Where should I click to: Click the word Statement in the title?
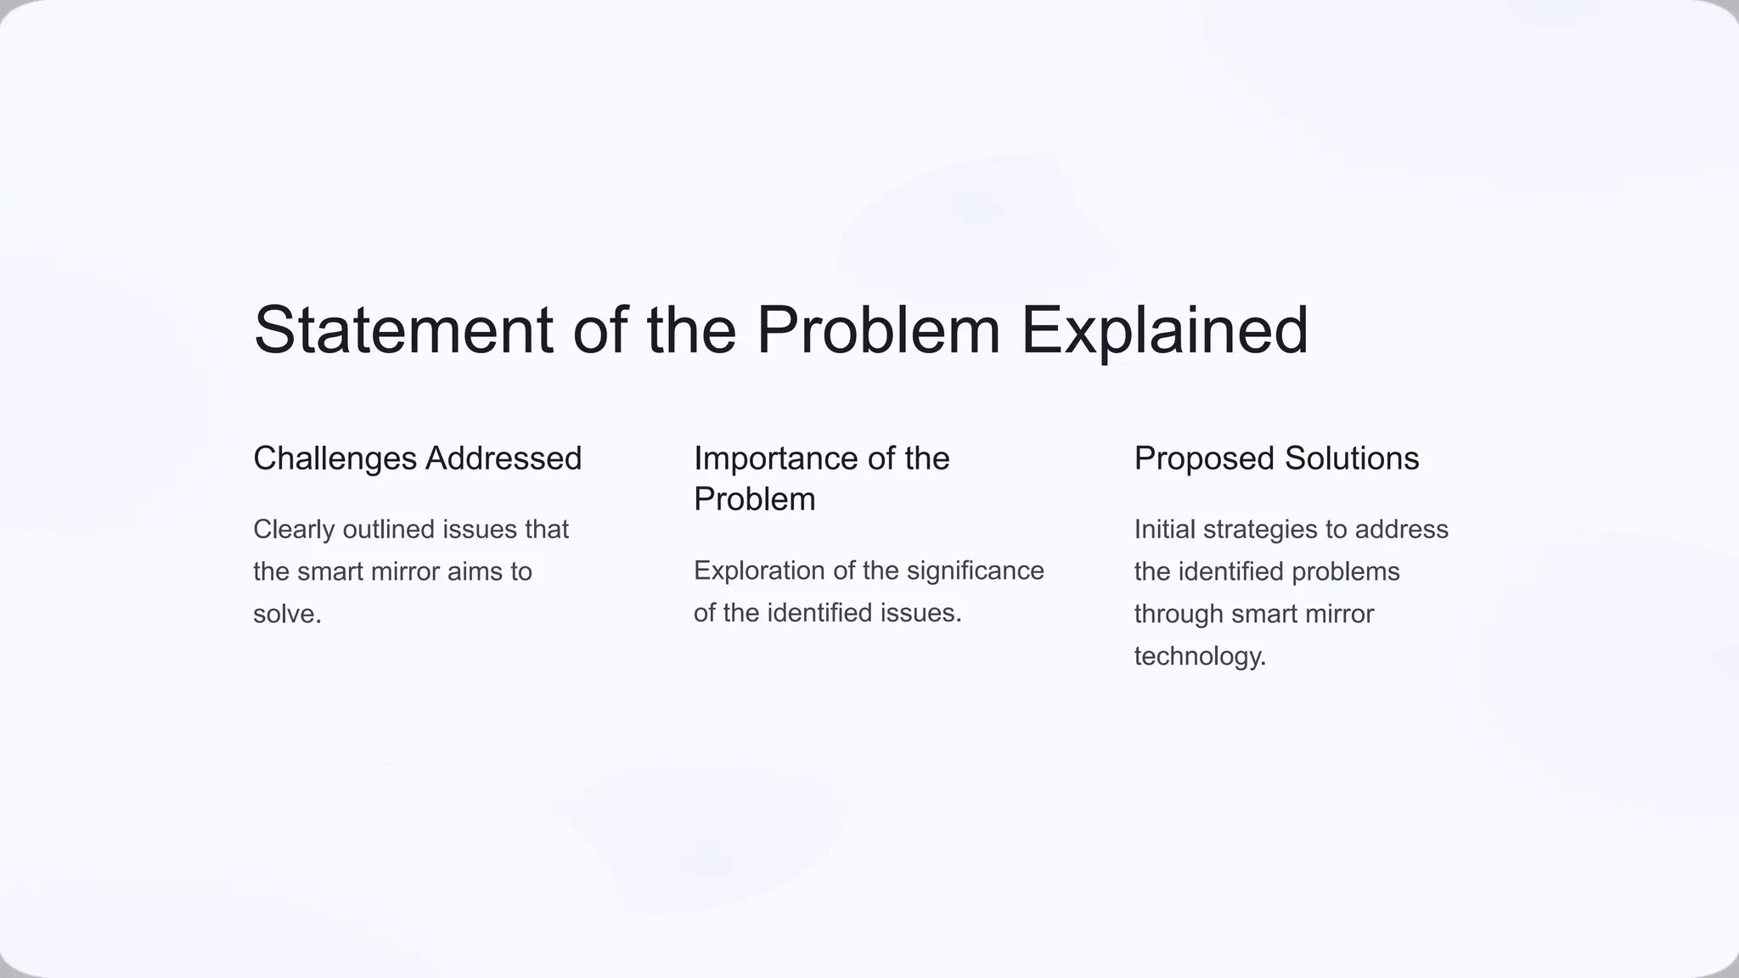[403, 330]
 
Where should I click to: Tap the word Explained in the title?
[1164, 330]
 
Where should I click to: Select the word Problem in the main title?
[878, 330]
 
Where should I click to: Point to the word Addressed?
[504, 459]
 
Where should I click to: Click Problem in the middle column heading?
[754, 500]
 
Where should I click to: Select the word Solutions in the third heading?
[1351, 459]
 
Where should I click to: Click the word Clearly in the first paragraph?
[294, 530]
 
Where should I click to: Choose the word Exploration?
[759, 570]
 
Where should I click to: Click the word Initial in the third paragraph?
[1165, 530]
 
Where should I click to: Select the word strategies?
[1260, 530]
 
